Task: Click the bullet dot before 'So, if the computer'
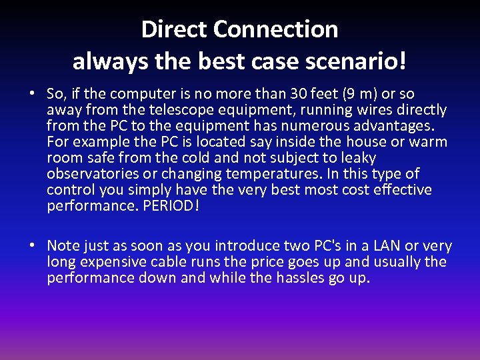(x=31, y=94)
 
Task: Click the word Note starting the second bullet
(x=63, y=246)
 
